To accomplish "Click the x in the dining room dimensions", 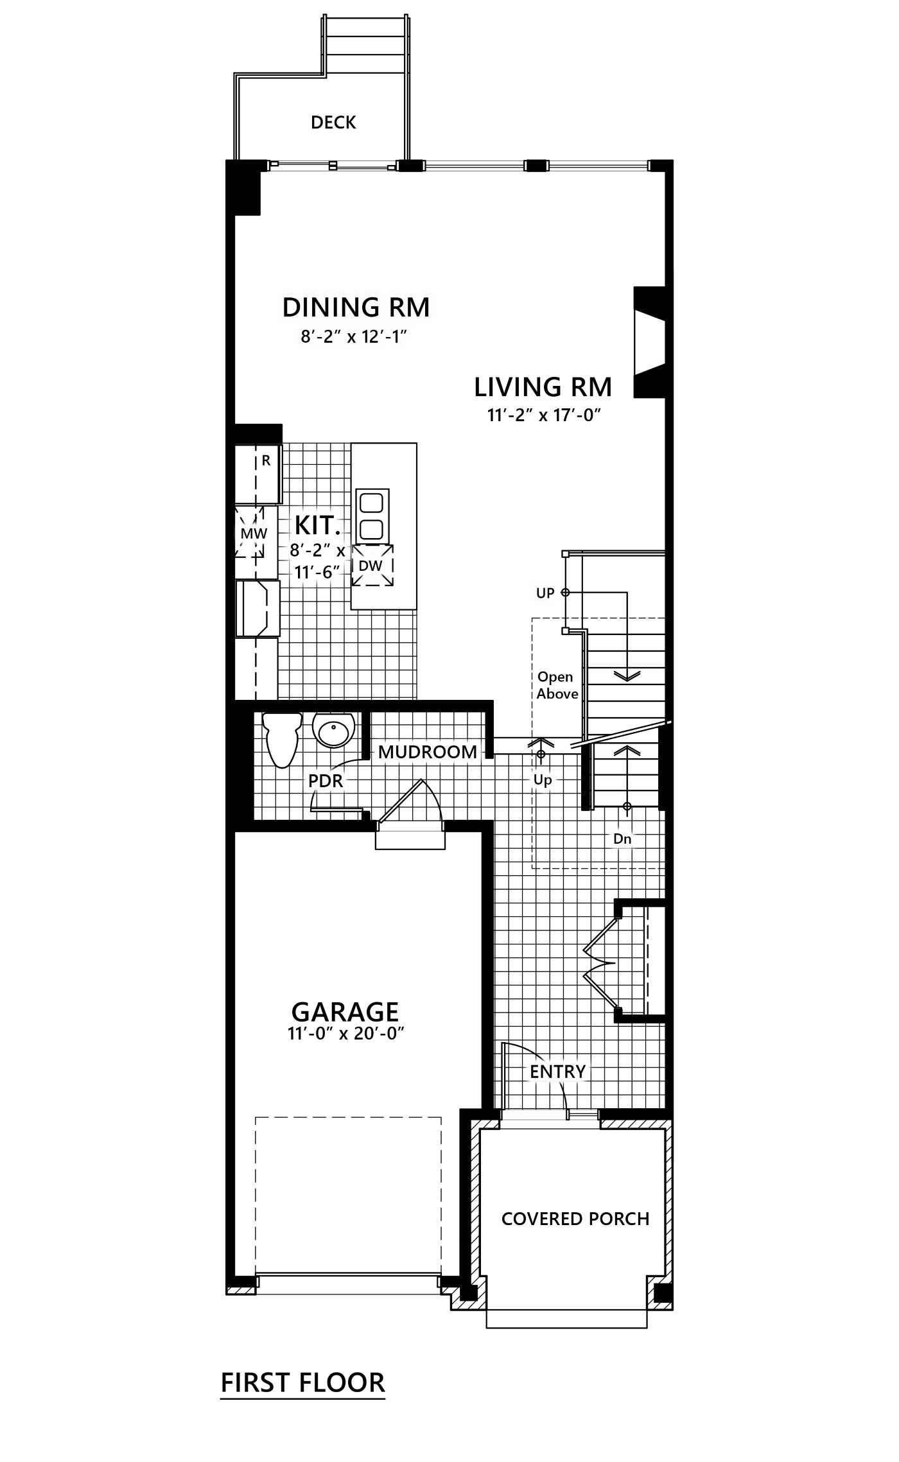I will [351, 337].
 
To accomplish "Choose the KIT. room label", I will [317, 526].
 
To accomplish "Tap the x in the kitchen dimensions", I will [340, 551].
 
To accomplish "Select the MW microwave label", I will [254, 534].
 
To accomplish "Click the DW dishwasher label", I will [371, 566].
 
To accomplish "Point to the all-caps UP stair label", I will [545, 593].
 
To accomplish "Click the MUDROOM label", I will [428, 751].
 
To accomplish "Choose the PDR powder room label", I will [326, 781].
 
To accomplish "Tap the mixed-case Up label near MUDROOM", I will [543, 780].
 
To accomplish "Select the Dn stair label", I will [622, 839].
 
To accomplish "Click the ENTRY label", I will [557, 1072].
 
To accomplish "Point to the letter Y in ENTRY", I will [580, 1072].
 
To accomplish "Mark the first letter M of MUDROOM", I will [386, 752].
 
